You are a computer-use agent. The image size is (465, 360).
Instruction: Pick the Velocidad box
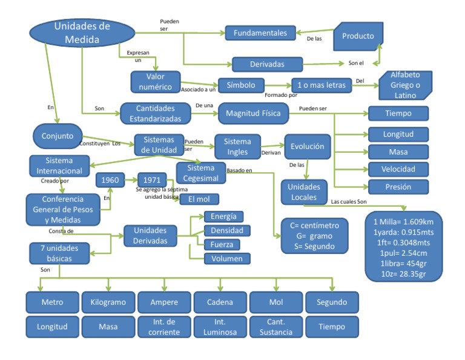coord(398,168)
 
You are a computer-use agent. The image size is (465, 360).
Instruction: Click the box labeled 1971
coord(152,180)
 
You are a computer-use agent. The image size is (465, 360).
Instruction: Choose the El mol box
coord(199,199)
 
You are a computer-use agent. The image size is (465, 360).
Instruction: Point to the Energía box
coord(223,216)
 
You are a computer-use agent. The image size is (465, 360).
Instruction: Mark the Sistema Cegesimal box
coord(200,172)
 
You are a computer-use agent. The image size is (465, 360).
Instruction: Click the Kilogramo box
coord(108,302)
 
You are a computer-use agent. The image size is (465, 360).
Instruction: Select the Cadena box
coord(220,302)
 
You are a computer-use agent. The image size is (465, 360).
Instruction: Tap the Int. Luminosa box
coord(220,327)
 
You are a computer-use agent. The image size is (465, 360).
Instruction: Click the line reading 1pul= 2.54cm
coord(404,253)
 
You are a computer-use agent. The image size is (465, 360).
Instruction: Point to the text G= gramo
coord(310,235)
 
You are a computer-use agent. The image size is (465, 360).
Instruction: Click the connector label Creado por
coord(55,181)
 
